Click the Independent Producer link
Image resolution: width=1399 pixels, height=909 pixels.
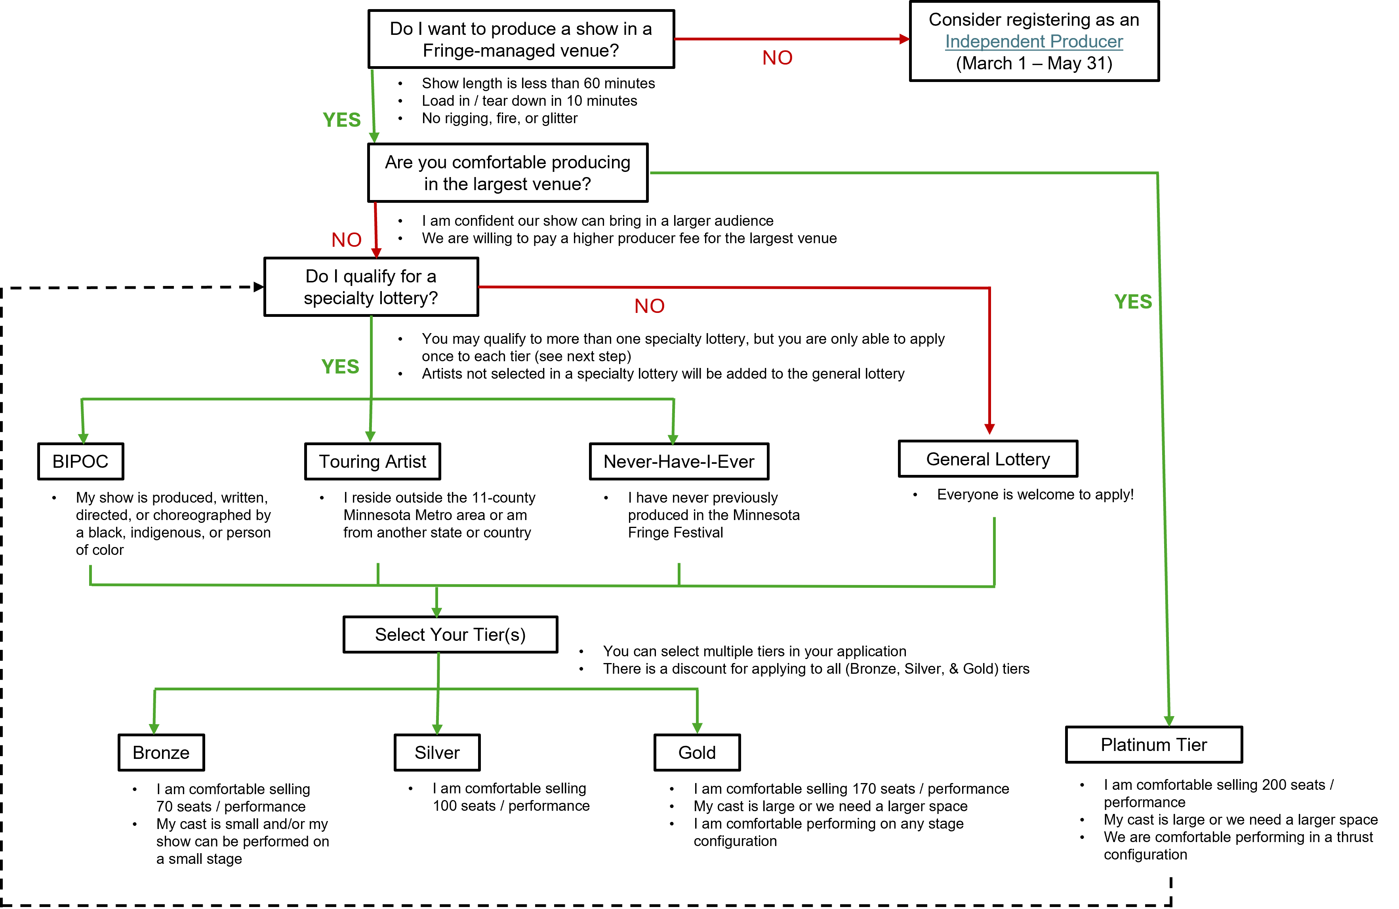[x=1033, y=42]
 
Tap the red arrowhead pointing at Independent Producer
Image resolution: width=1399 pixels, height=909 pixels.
[x=905, y=39]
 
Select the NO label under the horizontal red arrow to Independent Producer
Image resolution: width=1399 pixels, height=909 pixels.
[x=777, y=57]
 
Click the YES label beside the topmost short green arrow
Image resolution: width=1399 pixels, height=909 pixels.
[x=341, y=120]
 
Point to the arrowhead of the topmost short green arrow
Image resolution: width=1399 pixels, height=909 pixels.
[x=374, y=137]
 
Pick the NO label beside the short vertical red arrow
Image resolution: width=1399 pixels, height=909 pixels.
[x=346, y=240]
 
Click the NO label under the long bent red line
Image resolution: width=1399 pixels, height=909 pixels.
[x=649, y=306]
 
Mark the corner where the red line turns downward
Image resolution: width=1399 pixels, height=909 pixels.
[x=990, y=288]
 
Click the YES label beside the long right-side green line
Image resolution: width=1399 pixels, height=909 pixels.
[x=1133, y=302]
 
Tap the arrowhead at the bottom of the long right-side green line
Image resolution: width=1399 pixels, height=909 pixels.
[x=1168, y=721]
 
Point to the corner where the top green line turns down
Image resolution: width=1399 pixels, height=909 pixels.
[x=1157, y=173]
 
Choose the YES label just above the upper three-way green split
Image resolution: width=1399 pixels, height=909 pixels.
[x=340, y=367]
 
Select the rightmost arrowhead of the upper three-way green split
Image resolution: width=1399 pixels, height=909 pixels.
[x=673, y=440]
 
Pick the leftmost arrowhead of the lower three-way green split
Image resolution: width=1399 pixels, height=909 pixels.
[x=154, y=729]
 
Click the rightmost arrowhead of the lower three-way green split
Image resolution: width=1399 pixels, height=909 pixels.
[x=697, y=728]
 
